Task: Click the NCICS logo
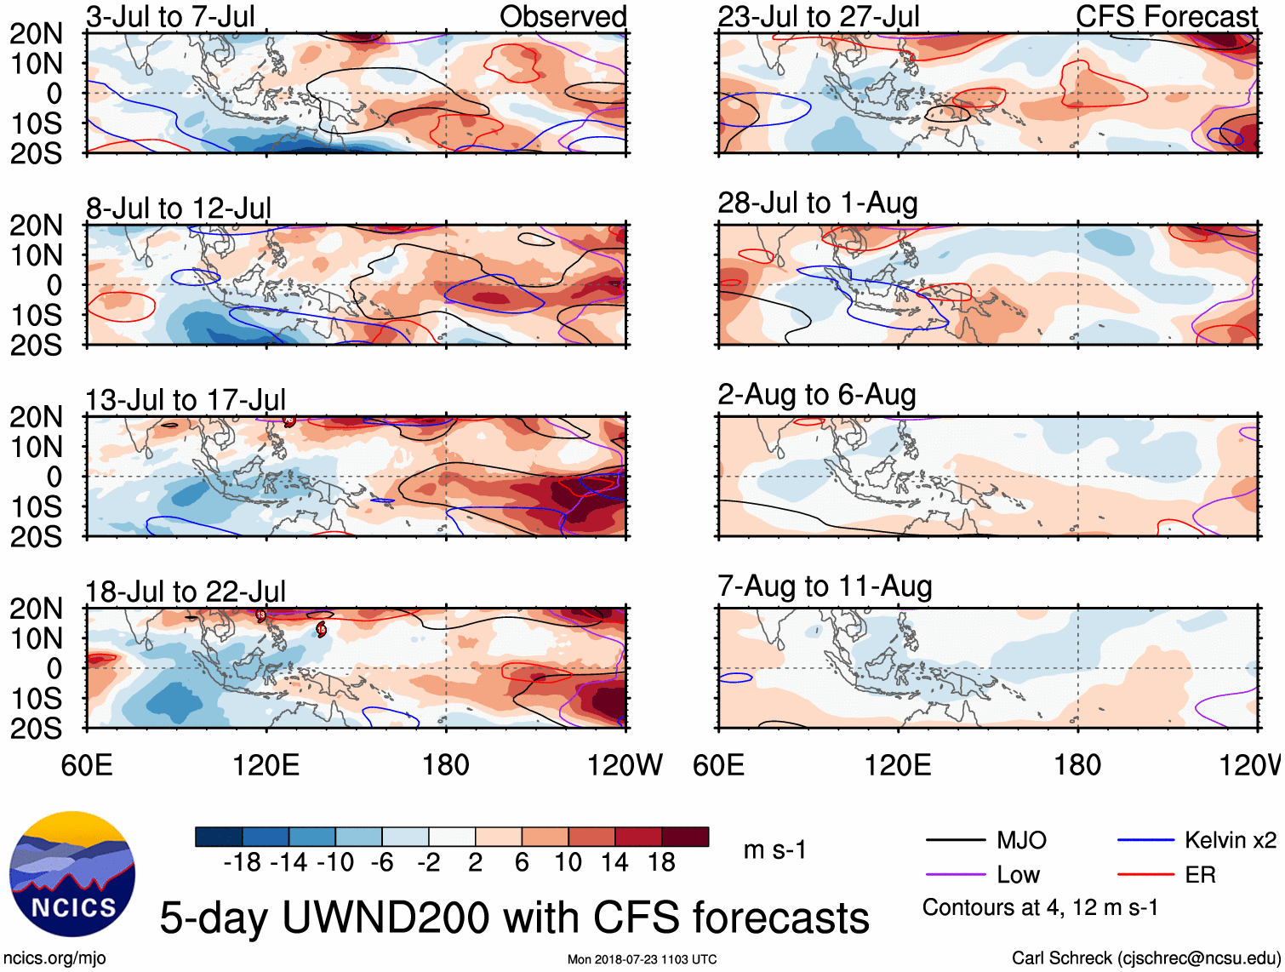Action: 72,874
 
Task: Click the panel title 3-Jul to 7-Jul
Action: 170,17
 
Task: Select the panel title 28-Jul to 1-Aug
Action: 817,203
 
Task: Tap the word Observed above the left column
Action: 563,17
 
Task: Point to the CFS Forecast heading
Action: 1166,17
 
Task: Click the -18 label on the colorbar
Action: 243,863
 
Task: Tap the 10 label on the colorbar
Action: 568,863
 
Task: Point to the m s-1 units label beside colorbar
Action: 774,850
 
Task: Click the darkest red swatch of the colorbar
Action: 685,837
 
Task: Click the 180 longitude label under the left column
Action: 446,765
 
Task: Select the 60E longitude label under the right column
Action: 718,765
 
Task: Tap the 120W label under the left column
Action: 624,765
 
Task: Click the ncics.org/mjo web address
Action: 54,958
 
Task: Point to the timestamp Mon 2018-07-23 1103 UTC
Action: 642,959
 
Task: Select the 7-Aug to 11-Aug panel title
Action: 825,586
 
